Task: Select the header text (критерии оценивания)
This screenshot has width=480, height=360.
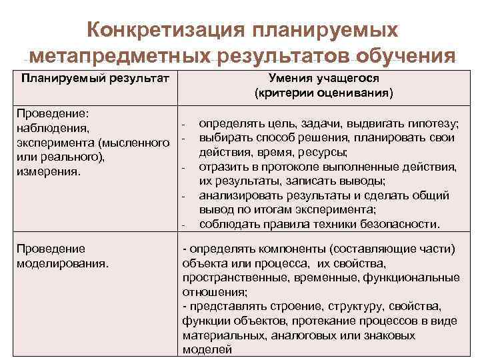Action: point(323,93)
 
